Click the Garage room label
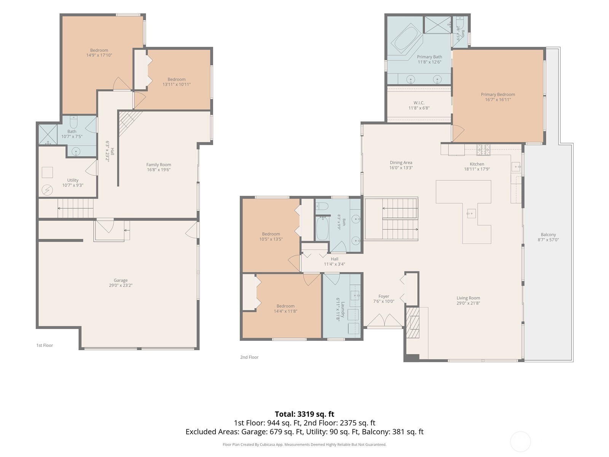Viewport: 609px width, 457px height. (x=120, y=280)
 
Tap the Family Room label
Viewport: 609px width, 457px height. (x=159, y=165)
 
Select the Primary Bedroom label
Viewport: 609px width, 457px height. (x=498, y=94)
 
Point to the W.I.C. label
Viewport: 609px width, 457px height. (x=419, y=103)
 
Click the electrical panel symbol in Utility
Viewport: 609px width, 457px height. (x=47, y=190)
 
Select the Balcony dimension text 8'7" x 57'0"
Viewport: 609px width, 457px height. (x=548, y=240)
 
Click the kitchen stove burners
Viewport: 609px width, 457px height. (x=483, y=150)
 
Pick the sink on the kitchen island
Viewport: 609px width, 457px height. (x=471, y=214)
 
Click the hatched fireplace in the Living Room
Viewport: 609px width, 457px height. (x=413, y=322)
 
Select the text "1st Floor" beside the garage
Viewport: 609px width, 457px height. (x=45, y=345)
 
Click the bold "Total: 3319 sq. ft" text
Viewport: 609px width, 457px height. (x=304, y=414)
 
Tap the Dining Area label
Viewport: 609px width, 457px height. (x=401, y=163)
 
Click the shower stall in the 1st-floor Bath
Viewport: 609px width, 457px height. (x=48, y=134)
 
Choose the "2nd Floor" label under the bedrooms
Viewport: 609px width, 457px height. (x=249, y=357)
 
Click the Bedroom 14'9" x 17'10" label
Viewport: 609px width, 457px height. (x=99, y=53)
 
